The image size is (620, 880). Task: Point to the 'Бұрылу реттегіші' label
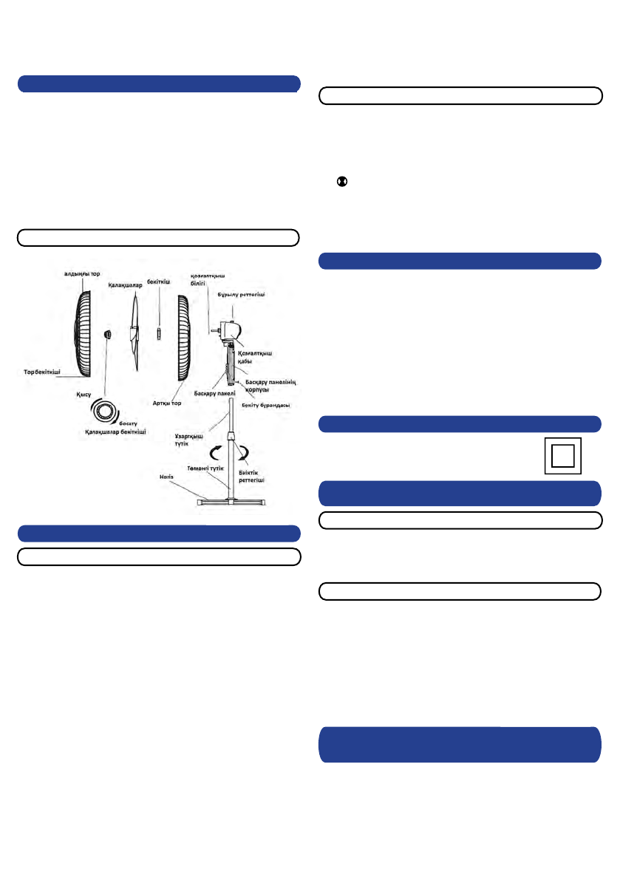click(x=240, y=294)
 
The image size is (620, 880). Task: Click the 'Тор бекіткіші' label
click(x=40, y=372)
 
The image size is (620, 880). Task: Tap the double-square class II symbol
click(x=562, y=456)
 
